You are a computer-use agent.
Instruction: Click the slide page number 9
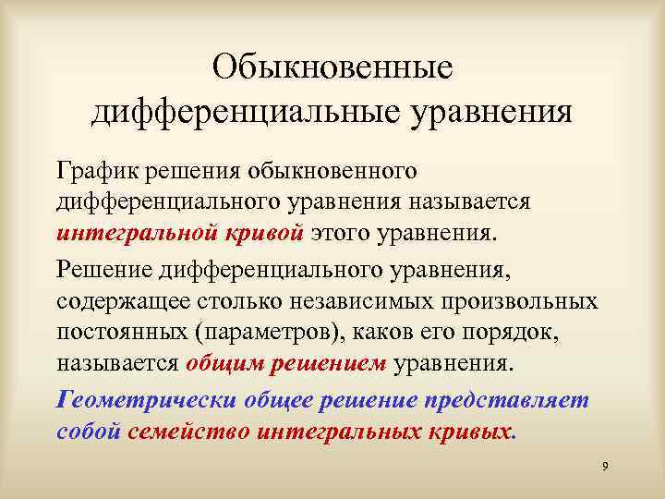pyautogui.click(x=604, y=469)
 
